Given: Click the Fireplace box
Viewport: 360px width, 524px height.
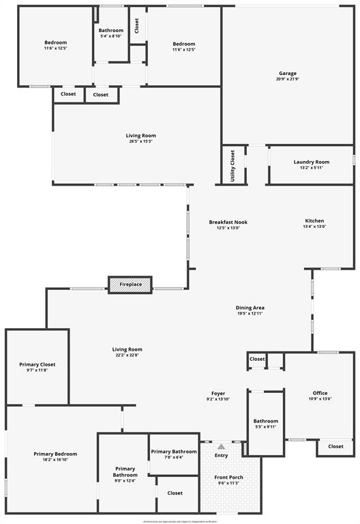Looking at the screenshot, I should click(x=130, y=285).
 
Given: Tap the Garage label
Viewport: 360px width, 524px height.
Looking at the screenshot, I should click(x=287, y=74).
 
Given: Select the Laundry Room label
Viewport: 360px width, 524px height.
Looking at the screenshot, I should click(x=311, y=162).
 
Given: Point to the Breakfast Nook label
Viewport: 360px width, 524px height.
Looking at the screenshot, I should click(x=228, y=222).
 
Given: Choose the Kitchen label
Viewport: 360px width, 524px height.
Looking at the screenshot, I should click(x=314, y=221).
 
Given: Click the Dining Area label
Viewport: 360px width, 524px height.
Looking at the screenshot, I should click(x=250, y=308).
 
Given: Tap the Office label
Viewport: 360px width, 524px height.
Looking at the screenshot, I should click(x=320, y=393).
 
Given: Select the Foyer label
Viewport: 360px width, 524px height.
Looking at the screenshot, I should click(x=217, y=394).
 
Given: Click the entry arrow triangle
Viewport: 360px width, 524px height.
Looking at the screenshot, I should click(x=221, y=446).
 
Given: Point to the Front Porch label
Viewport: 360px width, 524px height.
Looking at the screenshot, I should click(x=228, y=477).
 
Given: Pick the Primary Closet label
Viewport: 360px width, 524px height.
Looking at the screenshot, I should click(x=37, y=364).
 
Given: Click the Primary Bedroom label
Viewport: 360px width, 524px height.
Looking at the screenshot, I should click(x=55, y=454).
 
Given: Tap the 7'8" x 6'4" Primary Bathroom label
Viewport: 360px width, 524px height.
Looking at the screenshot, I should click(x=174, y=452).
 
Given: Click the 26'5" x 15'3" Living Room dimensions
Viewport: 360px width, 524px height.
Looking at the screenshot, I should click(x=140, y=141).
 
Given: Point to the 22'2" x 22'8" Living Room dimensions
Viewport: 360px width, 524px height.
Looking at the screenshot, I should click(x=127, y=355).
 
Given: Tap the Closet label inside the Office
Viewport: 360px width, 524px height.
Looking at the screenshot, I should click(x=335, y=446).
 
